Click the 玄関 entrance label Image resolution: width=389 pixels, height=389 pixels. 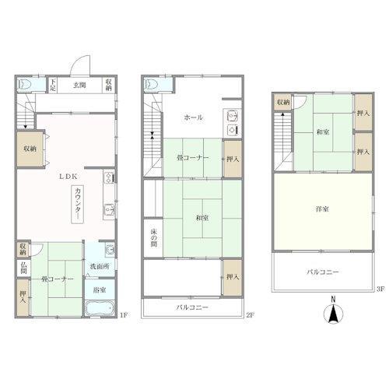click(79, 85)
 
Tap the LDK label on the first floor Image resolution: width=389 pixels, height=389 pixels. click(68, 177)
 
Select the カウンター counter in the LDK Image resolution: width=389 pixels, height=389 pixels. click(78, 205)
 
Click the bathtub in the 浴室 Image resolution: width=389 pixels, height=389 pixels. click(100, 308)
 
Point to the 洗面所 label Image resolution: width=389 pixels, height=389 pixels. click(100, 266)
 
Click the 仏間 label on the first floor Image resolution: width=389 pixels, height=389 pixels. click(23, 268)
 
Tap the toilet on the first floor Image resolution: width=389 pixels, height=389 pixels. click(25, 84)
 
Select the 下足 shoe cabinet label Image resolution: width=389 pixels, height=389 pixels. click(53, 85)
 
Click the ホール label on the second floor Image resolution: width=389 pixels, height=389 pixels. click(193, 117)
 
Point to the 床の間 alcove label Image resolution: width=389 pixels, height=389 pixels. click(154, 238)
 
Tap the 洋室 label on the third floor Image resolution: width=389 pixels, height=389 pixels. click(322, 209)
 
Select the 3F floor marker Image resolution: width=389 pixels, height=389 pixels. click(380, 289)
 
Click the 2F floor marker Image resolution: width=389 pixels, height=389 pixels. click(250, 315)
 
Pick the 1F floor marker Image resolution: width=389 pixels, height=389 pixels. click(124, 315)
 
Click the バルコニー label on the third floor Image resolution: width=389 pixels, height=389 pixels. click(323, 272)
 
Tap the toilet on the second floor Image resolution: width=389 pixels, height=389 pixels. click(152, 84)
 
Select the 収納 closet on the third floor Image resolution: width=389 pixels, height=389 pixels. click(283, 102)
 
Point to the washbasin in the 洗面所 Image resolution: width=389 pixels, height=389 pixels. click(110, 250)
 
